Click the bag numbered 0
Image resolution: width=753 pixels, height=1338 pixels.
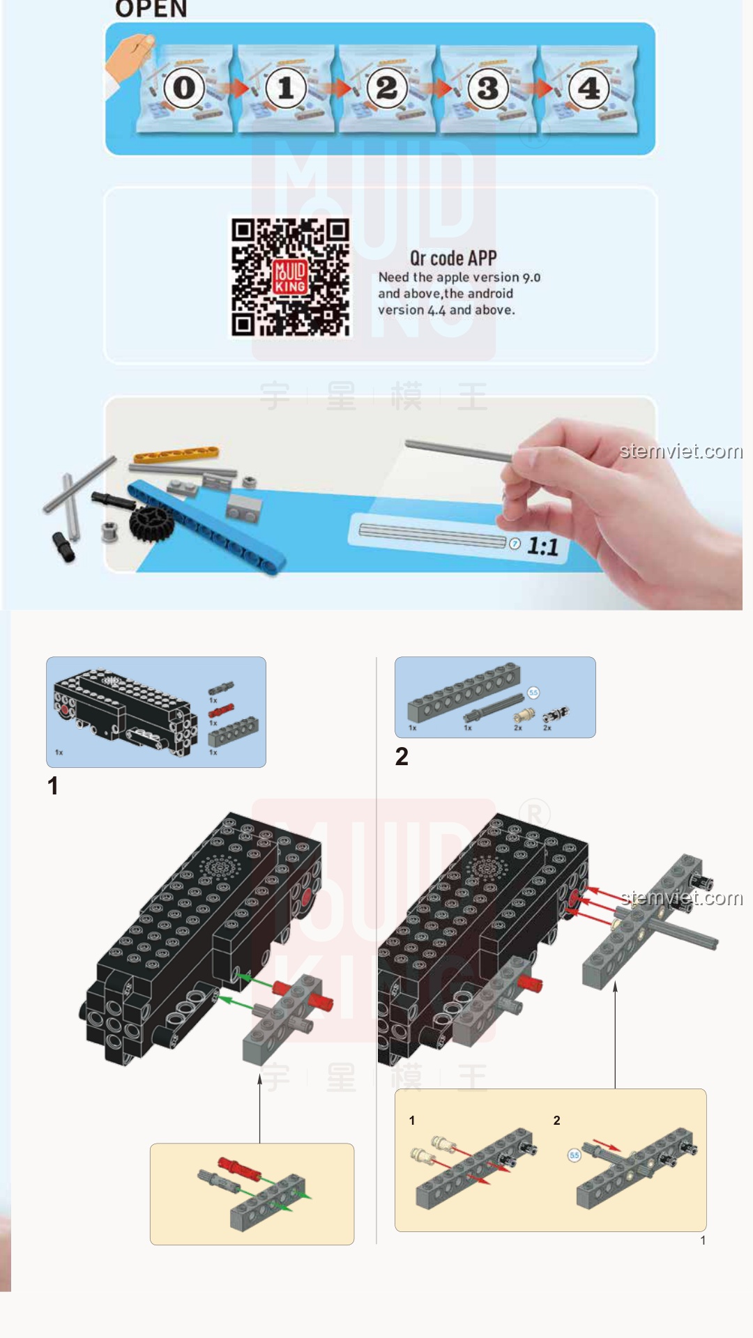[184, 89]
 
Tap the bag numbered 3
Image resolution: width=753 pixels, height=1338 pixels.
[487, 89]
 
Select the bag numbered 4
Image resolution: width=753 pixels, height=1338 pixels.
[589, 89]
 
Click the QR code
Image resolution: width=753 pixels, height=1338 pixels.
[290, 277]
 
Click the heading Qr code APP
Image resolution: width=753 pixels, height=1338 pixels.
[452, 258]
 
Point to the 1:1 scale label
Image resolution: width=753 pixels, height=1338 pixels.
[542, 546]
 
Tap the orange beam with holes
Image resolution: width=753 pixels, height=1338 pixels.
[176, 454]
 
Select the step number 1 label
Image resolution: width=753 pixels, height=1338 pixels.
[53, 786]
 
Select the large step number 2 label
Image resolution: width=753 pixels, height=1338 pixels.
[402, 757]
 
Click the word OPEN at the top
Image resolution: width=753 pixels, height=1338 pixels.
[151, 9]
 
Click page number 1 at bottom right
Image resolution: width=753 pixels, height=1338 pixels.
[703, 1240]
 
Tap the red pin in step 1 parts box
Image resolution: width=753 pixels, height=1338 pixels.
[220, 711]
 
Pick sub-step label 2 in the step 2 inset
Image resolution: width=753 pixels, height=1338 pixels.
[556, 1121]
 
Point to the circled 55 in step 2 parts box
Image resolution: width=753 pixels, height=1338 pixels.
[533, 693]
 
